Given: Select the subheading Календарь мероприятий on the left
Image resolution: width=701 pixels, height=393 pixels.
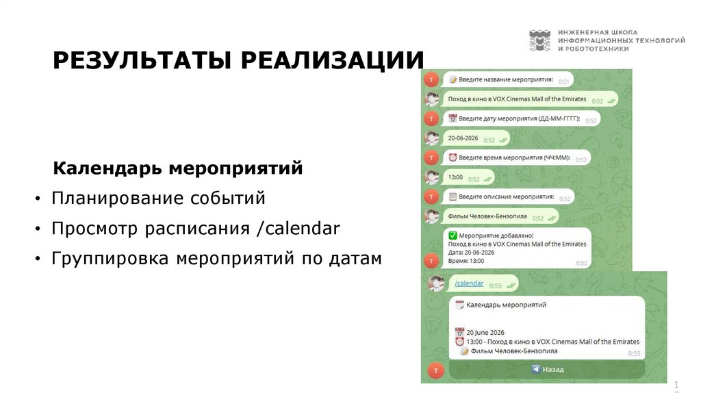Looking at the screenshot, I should click(178, 168).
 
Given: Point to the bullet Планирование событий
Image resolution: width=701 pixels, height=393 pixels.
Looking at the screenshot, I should click(158, 199).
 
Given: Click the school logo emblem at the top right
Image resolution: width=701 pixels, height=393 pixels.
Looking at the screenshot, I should click(539, 40).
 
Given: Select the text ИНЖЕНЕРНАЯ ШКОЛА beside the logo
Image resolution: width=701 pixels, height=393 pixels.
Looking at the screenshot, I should click(597, 32).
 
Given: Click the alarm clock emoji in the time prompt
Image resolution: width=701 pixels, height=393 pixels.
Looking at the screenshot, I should click(453, 157).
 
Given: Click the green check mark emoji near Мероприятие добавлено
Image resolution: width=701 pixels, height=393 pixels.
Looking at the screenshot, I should click(453, 235).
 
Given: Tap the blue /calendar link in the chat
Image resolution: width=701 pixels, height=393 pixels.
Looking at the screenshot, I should click(469, 283).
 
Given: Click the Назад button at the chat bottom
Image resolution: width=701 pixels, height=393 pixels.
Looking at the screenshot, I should click(547, 369).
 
